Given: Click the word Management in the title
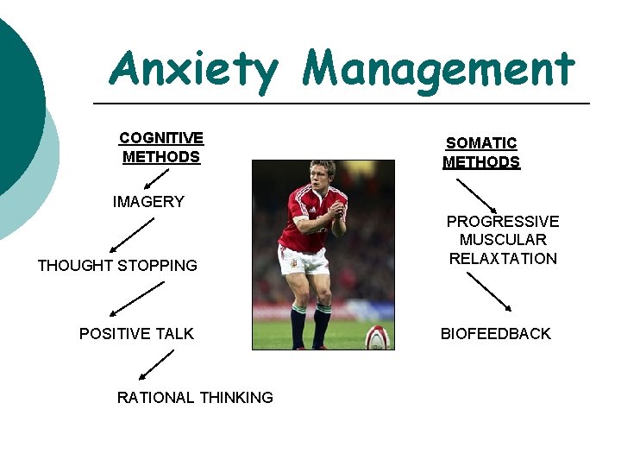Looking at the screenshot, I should (x=438, y=69).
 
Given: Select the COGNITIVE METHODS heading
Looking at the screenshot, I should (x=161, y=148).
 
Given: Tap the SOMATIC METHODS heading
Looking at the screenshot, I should (x=481, y=153).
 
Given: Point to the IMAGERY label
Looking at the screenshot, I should (x=148, y=202).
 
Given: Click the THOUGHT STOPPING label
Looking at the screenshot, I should (x=117, y=266).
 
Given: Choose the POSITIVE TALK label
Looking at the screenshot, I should (x=136, y=334).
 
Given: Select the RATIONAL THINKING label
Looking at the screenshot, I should (x=195, y=398).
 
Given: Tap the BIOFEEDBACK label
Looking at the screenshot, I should (x=495, y=334).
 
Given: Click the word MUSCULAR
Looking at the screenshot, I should (x=503, y=240).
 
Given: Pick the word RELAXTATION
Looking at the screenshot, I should (x=503, y=259).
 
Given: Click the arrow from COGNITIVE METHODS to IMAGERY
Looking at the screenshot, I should (x=155, y=179).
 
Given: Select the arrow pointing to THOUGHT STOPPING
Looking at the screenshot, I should (x=130, y=236).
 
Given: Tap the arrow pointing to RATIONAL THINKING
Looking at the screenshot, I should (x=156, y=364).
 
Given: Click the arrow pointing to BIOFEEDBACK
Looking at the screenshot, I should (x=489, y=292).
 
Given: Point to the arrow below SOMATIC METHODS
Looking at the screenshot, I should (x=476, y=196).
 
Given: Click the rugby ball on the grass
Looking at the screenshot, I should (x=377, y=337).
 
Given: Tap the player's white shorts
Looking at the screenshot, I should (x=303, y=258).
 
